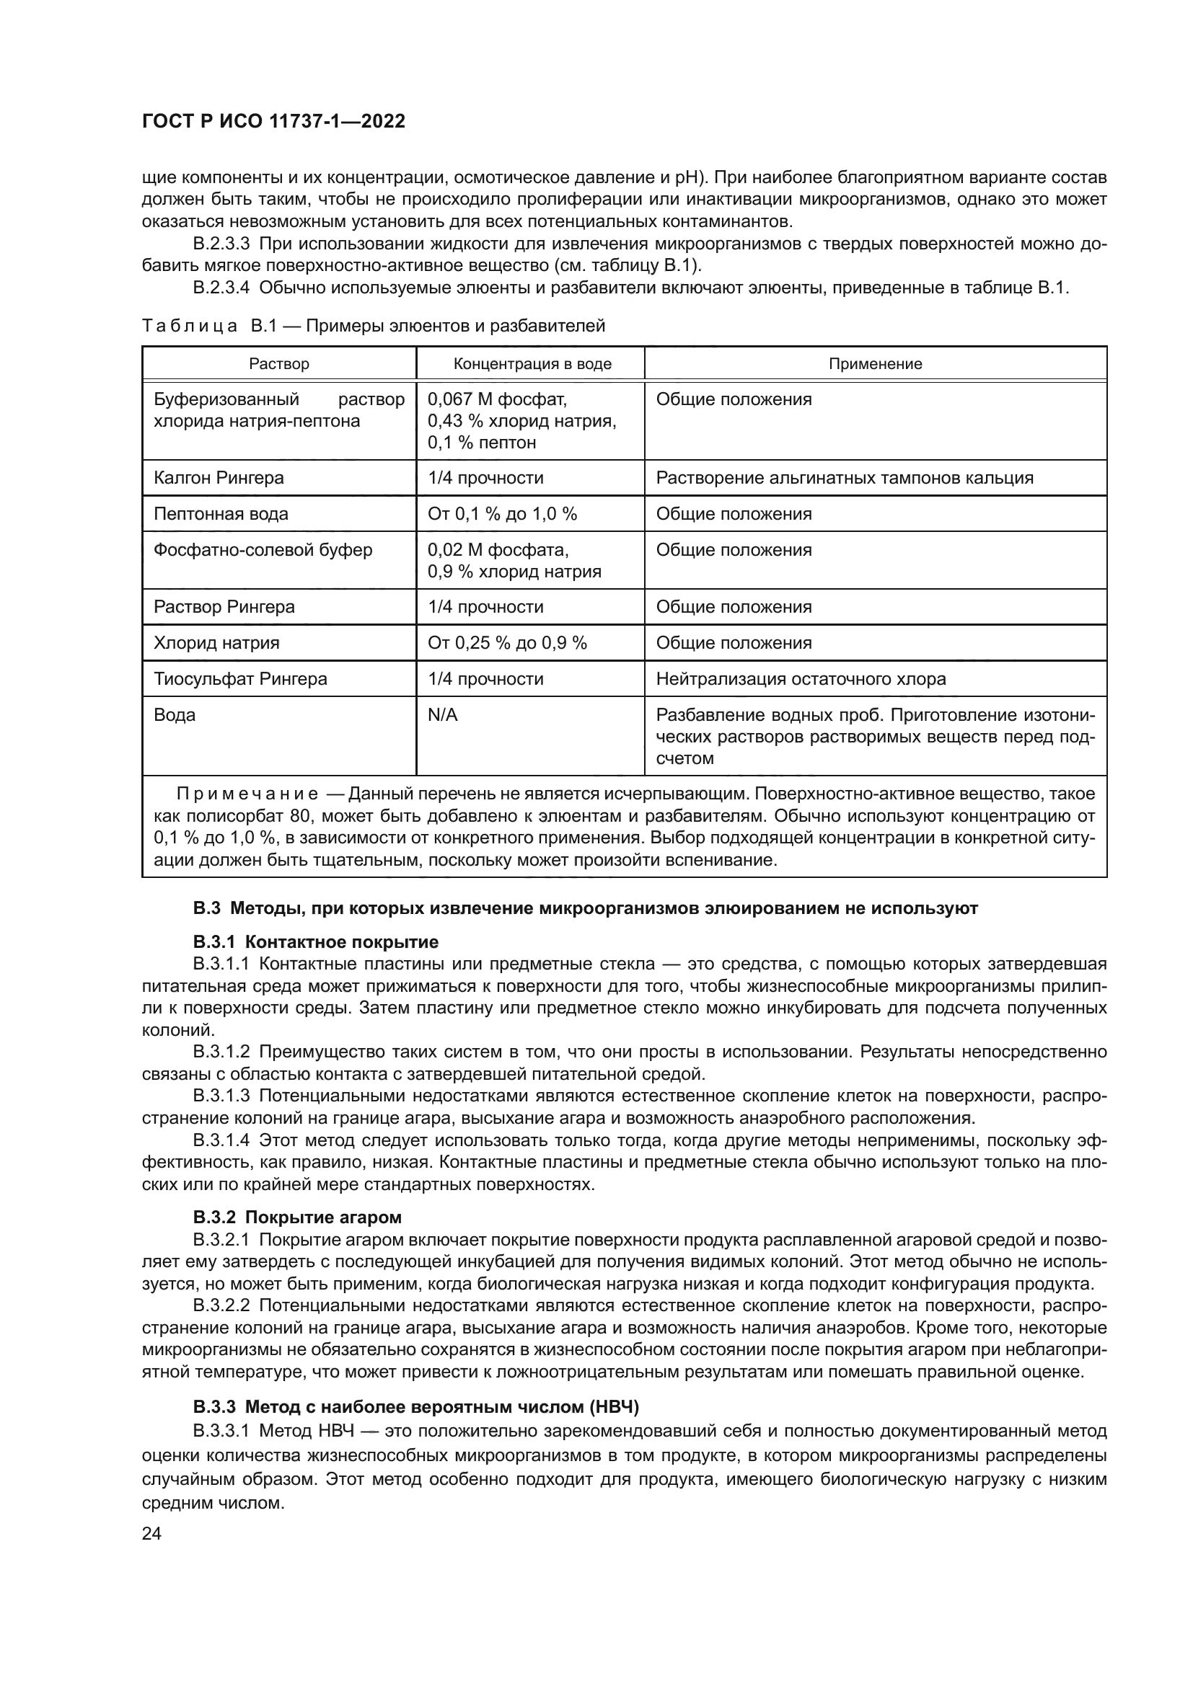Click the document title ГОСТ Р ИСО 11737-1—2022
pyautogui.click(x=273, y=121)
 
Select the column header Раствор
pyautogui.click(x=279, y=364)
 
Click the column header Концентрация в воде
pyautogui.click(x=532, y=364)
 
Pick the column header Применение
pyautogui.click(x=875, y=364)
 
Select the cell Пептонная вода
pyautogui.click(x=221, y=514)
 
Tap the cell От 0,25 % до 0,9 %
pyautogui.click(x=507, y=643)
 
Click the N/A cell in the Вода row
pyautogui.click(x=442, y=715)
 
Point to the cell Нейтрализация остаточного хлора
pyautogui.click(x=801, y=679)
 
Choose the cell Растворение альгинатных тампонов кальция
pyautogui.click(x=844, y=478)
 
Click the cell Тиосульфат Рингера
pyautogui.click(x=239, y=679)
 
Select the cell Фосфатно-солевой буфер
pyautogui.click(x=263, y=550)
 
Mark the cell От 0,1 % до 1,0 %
pyautogui.click(x=502, y=514)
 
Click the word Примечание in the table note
pyautogui.click(x=247, y=794)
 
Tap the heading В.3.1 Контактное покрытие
pyautogui.click(x=316, y=942)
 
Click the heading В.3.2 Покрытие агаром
pyautogui.click(x=297, y=1217)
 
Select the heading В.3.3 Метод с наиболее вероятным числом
pyautogui.click(x=415, y=1407)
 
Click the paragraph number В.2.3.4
pyautogui.click(x=221, y=288)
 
